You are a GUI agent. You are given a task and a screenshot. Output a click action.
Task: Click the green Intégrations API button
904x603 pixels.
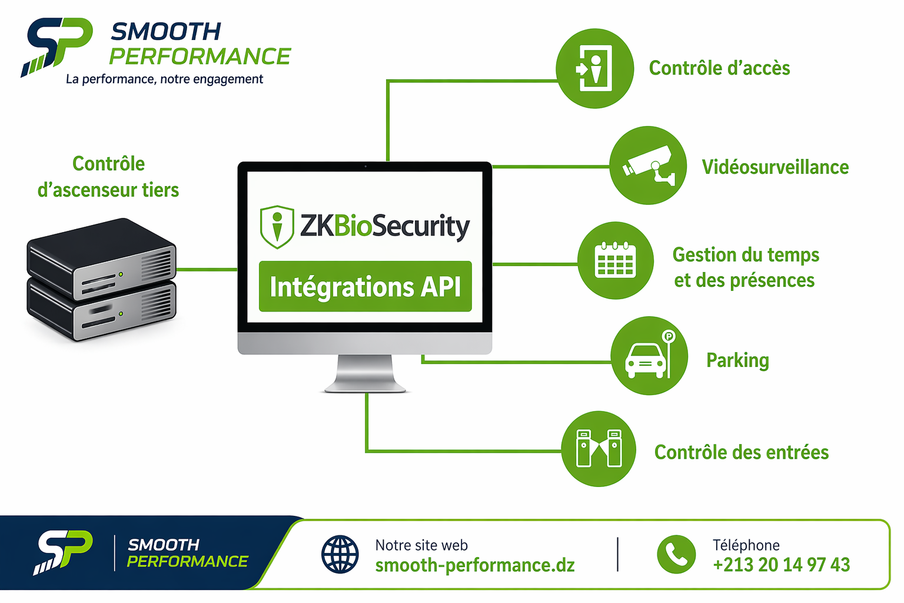(365, 286)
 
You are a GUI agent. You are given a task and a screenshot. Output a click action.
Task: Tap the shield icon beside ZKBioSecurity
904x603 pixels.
(277, 227)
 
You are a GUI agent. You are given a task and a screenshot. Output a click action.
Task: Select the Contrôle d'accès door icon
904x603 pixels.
(594, 68)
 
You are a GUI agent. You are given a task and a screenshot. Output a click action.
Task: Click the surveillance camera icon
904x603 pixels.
(648, 165)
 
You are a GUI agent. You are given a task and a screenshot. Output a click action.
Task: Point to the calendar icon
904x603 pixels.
(616, 260)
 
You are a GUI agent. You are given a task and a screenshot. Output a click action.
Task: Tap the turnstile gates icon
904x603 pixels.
(599, 449)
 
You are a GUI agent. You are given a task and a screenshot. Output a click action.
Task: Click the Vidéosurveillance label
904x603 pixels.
(775, 167)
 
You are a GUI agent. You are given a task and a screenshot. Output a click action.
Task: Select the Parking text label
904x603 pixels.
(737, 360)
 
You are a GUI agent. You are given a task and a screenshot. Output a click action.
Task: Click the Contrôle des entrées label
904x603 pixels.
(742, 452)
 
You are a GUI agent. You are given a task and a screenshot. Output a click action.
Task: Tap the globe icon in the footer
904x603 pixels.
(340, 554)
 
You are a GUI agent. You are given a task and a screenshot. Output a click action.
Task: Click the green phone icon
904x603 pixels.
(676, 554)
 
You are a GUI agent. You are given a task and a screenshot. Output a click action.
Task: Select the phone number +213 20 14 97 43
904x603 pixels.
(782, 565)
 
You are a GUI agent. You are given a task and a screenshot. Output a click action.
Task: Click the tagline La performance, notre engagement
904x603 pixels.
(164, 79)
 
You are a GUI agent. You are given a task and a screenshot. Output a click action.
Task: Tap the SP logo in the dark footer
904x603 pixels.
(63, 552)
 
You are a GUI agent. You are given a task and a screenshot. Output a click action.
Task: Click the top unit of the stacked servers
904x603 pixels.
(101, 259)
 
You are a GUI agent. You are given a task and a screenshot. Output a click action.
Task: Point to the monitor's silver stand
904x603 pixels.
(365, 373)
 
